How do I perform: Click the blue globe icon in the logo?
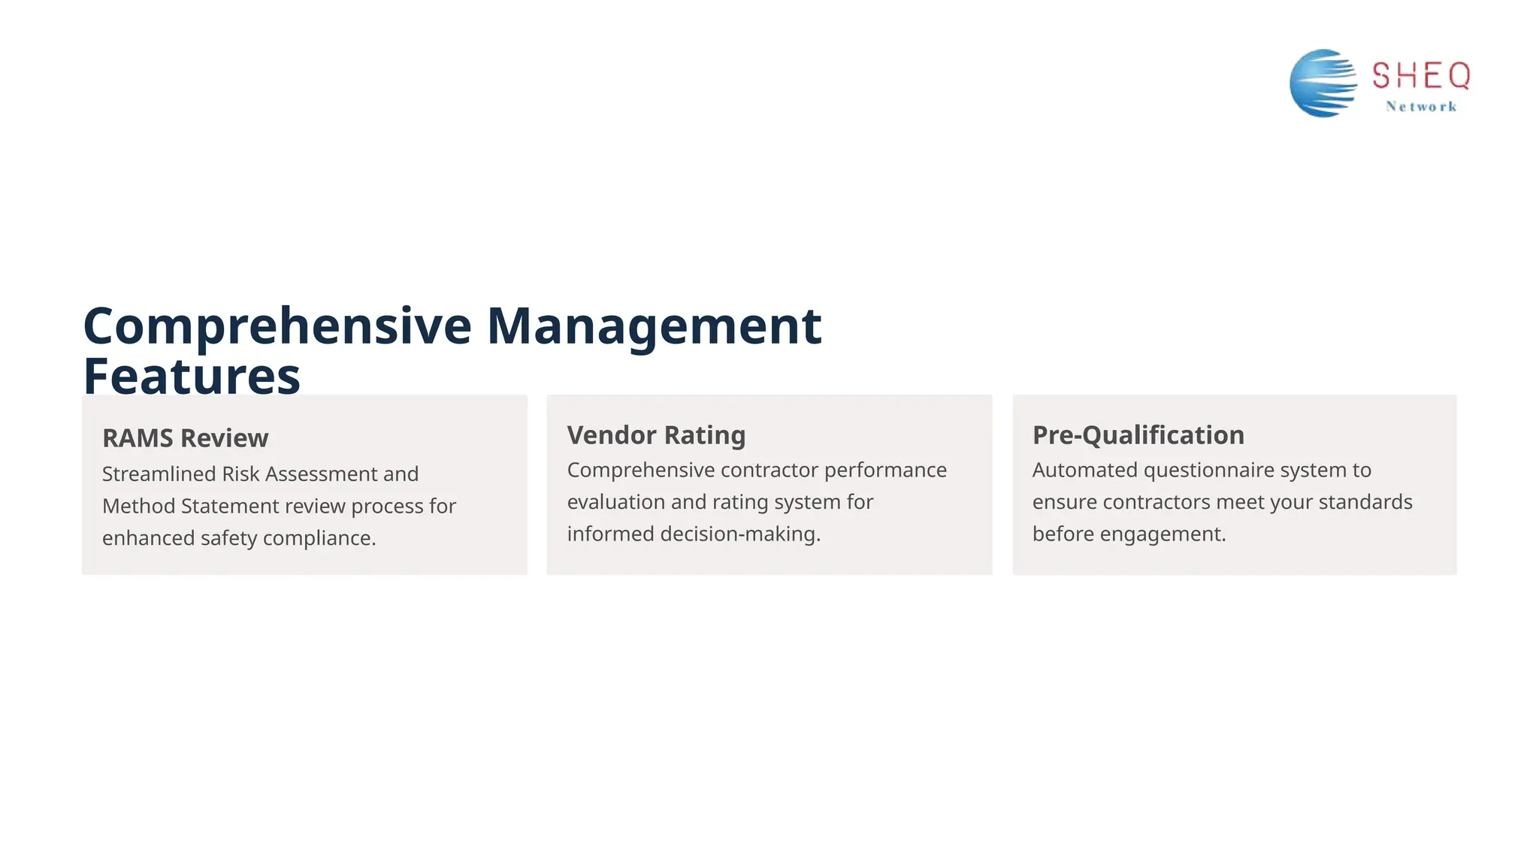[x=1323, y=83]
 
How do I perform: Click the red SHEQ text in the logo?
[x=1420, y=76]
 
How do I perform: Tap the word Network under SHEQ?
[x=1421, y=107]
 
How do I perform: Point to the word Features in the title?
[x=192, y=376]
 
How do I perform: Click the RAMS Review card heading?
[x=185, y=438]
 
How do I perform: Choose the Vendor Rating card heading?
[x=656, y=435]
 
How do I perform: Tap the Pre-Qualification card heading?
[x=1138, y=435]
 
